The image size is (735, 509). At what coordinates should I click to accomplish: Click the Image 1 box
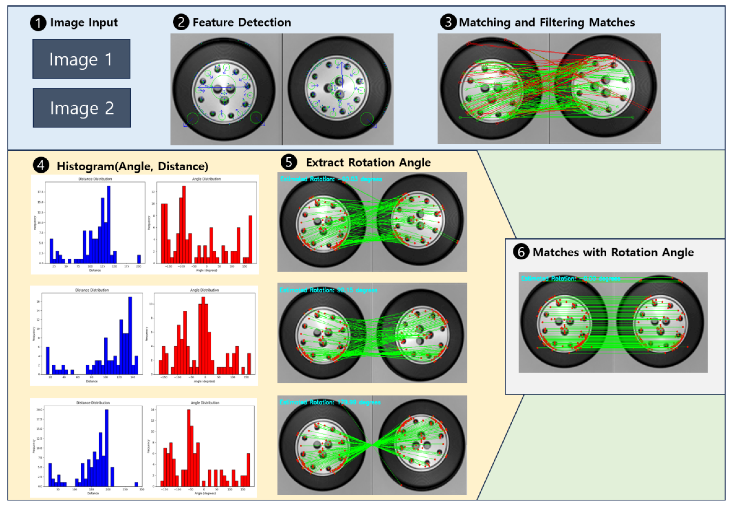pyautogui.click(x=81, y=59)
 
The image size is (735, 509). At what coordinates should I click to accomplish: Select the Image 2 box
pyautogui.click(x=82, y=108)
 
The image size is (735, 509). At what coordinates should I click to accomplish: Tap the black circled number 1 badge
pyautogui.click(x=38, y=23)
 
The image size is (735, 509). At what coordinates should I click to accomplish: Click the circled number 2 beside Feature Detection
pyautogui.click(x=181, y=22)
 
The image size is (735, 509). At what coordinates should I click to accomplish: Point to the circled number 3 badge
pyautogui.click(x=448, y=22)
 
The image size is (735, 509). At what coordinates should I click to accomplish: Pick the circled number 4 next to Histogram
pyautogui.click(x=41, y=165)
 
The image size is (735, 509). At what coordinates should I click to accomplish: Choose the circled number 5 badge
pyautogui.click(x=289, y=162)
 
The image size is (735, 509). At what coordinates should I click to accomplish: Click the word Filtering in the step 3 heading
pyautogui.click(x=562, y=22)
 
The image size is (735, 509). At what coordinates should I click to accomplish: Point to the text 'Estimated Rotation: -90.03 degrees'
pyautogui.click(x=331, y=179)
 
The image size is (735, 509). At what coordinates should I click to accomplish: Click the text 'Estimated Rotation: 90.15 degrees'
pyautogui.click(x=328, y=290)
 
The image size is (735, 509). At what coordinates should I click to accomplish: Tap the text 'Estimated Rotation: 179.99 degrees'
pyautogui.click(x=330, y=402)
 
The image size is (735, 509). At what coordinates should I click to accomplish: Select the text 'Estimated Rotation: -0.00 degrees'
pyautogui.click(x=570, y=279)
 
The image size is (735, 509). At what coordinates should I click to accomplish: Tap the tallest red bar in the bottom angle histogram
pyautogui.click(x=189, y=448)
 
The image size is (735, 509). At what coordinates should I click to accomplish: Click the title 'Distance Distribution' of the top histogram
pyautogui.click(x=95, y=179)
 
